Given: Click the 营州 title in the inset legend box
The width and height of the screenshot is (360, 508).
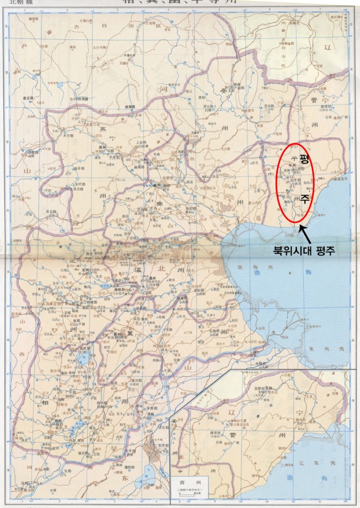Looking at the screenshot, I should point(190,482).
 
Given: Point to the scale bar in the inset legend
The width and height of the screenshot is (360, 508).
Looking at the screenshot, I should point(190,495).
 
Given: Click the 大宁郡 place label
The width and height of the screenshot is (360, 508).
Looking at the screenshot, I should point(69,135).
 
